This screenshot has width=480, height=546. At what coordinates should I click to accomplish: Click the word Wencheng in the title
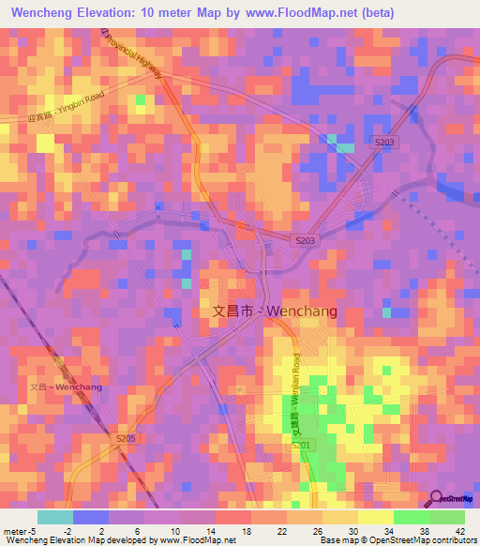click(48, 12)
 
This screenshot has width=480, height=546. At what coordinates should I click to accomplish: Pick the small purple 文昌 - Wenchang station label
click(66, 387)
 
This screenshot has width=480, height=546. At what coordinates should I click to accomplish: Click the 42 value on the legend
click(463, 530)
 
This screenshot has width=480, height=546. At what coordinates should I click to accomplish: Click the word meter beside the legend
click(13, 530)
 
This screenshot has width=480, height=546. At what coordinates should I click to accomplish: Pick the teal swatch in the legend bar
click(55, 517)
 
